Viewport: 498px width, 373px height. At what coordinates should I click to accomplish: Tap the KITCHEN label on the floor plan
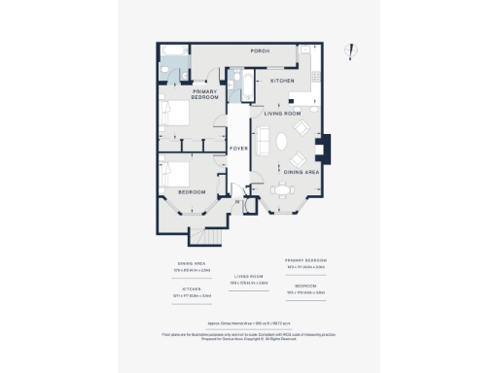[x=282, y=81]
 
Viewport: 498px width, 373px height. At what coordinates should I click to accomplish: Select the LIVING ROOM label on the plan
[x=286, y=114]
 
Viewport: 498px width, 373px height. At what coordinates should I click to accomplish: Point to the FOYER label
[x=239, y=149]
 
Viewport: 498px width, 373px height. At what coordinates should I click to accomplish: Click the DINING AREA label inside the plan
[x=302, y=172]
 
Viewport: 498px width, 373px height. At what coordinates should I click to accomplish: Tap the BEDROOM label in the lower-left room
[x=191, y=191]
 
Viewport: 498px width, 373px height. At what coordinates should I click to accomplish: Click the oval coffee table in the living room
[x=282, y=140]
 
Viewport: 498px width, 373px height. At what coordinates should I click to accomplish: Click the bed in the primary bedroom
[x=176, y=115]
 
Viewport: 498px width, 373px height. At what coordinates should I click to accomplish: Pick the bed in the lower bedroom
[x=176, y=174]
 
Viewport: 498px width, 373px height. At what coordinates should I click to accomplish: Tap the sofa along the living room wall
[x=263, y=139]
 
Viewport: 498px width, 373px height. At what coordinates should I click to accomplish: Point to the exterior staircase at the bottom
[x=202, y=236]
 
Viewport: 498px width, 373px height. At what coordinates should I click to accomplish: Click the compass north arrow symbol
[x=354, y=52]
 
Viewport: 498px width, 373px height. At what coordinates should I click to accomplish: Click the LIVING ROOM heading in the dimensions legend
[x=249, y=276]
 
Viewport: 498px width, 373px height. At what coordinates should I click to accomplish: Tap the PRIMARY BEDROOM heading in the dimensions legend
[x=305, y=260]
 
